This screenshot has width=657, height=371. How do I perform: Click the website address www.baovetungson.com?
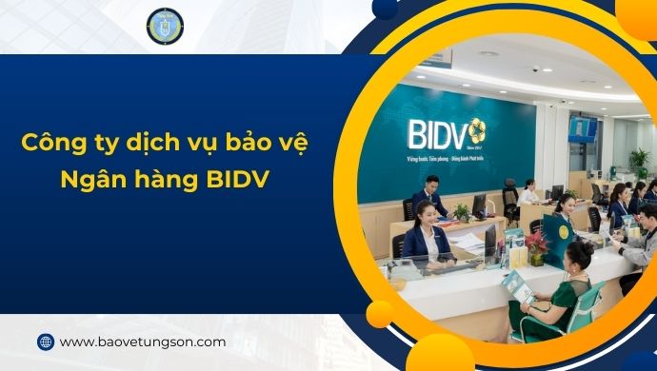coord(143,342)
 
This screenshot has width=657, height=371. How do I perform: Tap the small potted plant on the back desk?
coord(461,211)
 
